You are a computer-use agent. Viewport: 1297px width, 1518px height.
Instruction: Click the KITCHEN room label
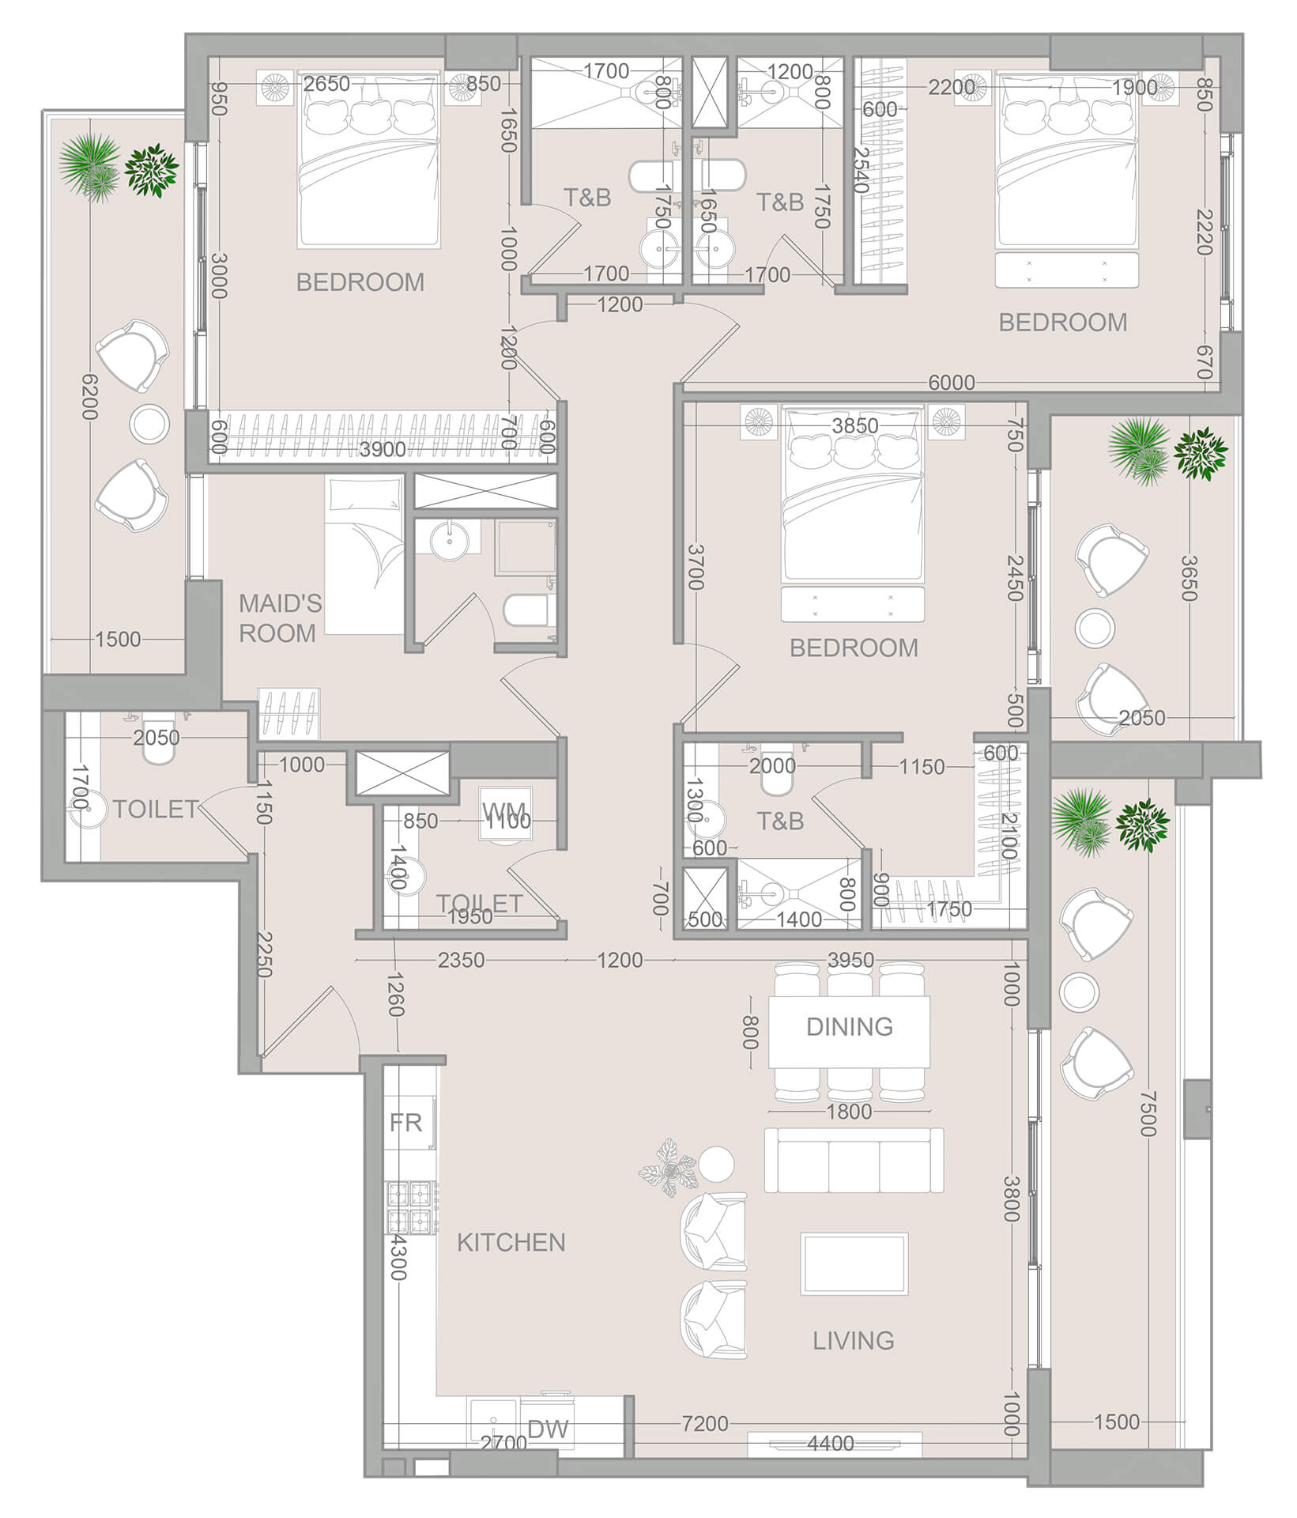click(x=511, y=1242)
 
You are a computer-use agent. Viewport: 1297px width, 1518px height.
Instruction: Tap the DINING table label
click(x=850, y=1026)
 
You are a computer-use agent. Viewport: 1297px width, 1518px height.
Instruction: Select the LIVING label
click(x=854, y=1340)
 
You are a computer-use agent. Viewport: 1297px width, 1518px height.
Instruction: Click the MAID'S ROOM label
click(x=279, y=618)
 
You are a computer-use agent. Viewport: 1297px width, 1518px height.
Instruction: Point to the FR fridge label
click(x=406, y=1123)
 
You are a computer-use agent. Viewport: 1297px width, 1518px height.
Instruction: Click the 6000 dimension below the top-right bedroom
click(x=951, y=383)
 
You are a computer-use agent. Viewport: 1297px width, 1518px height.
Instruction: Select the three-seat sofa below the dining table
click(x=854, y=1161)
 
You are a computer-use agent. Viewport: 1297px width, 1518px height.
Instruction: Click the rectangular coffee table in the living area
click(x=854, y=1263)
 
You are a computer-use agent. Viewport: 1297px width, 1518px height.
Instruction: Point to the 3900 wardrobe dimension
click(x=383, y=449)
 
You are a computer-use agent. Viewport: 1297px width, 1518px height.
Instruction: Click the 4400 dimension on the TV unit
click(x=830, y=1443)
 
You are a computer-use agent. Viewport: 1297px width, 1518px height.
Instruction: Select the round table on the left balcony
click(x=149, y=424)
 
